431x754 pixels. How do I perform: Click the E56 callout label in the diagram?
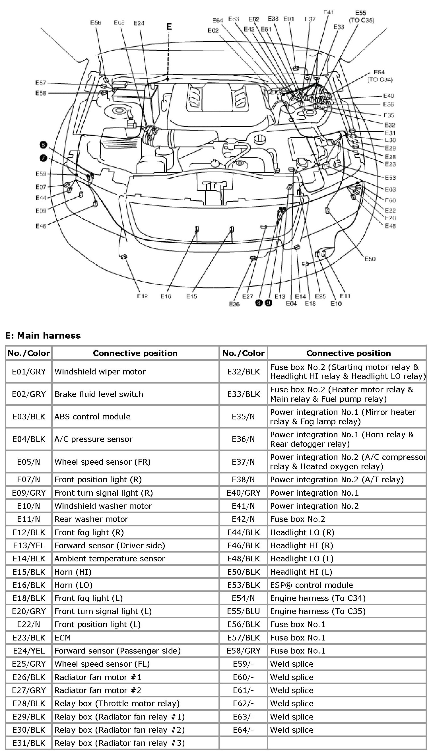pyautogui.click(x=96, y=22)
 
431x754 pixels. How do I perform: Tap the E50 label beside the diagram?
pyautogui.click(x=370, y=259)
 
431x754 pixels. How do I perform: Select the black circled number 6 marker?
pyautogui.click(x=43, y=145)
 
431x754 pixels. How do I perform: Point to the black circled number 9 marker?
pyautogui.click(x=269, y=303)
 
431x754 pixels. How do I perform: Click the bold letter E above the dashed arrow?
pyautogui.click(x=169, y=27)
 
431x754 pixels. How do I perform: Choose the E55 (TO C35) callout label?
pyautogui.click(x=361, y=17)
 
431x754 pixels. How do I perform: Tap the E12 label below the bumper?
pyautogui.click(x=142, y=296)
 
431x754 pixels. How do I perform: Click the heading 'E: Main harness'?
pyautogui.click(x=43, y=335)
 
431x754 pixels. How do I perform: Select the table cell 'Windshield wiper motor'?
pyautogui.click(x=100, y=372)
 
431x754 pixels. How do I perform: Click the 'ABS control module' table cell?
pyautogui.click(x=92, y=417)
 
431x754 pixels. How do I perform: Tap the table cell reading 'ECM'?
pyautogui.click(x=63, y=637)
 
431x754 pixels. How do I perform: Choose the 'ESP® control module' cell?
pyautogui.click(x=312, y=585)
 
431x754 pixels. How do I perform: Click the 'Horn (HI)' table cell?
pyautogui.click(x=73, y=572)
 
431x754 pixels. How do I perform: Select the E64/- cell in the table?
pyautogui.click(x=243, y=730)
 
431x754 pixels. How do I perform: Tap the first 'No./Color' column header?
pyautogui.click(x=29, y=353)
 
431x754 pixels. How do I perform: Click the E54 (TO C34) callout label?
pyautogui.click(x=380, y=76)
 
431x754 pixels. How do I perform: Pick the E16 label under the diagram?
pyautogui.click(x=166, y=296)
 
